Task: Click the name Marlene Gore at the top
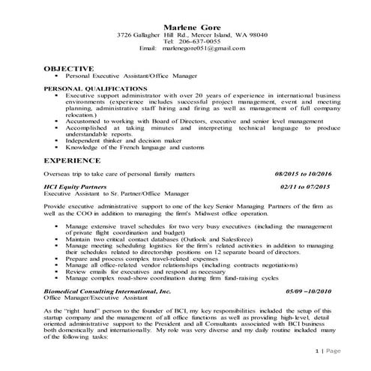185,28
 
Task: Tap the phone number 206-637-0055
199,42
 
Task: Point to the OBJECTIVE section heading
68,68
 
